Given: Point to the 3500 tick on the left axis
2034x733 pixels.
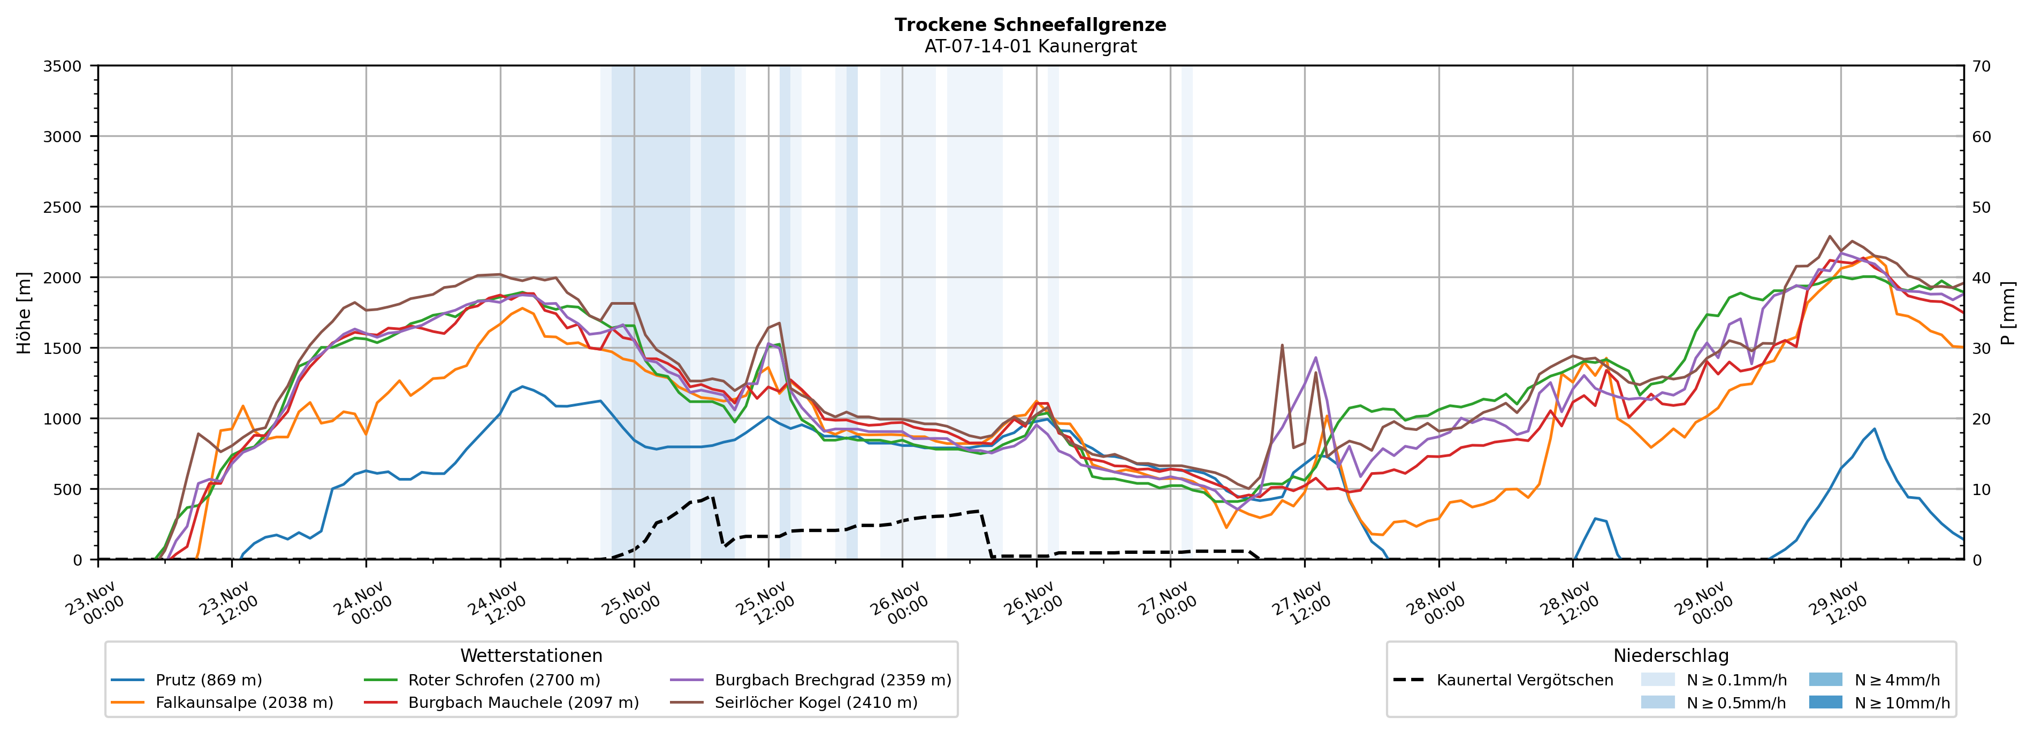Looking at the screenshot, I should coord(63,66).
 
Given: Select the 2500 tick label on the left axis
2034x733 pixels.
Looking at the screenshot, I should coord(63,207).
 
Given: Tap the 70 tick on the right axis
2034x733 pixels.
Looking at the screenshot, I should coord(1981,66).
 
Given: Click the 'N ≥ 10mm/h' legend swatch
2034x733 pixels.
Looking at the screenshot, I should coord(1825,702).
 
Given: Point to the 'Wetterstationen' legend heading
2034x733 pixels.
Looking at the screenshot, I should coord(531,655).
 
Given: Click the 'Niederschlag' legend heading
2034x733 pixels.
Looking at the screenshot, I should coord(1671,655).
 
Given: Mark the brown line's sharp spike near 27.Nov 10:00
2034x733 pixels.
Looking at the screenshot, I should coord(1282,345).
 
